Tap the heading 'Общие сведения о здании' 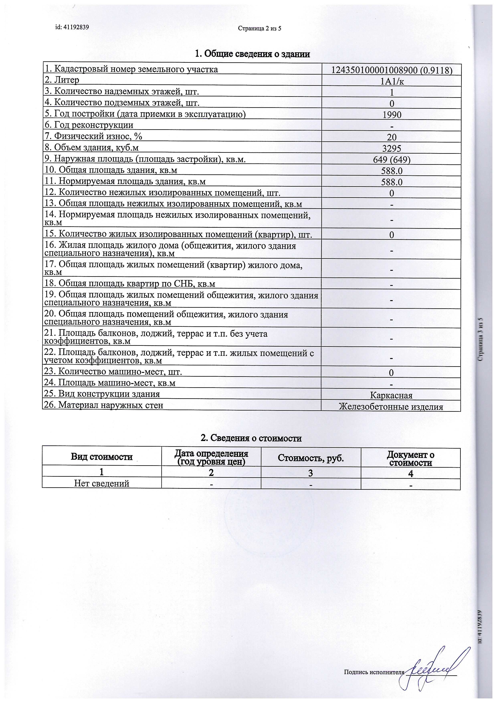click(x=253, y=54)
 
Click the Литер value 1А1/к click(x=392, y=81)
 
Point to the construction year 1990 click(x=392, y=115)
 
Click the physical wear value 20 click(x=392, y=137)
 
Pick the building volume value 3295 click(x=392, y=149)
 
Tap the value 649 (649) click(x=392, y=160)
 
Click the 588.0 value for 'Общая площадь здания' click(x=392, y=171)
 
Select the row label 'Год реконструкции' click(x=89, y=125)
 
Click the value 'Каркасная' click(x=391, y=395)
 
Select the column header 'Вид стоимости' click(x=102, y=457)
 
